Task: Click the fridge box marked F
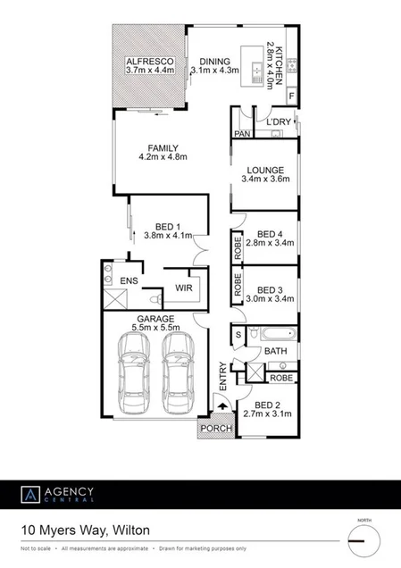pos(289,96)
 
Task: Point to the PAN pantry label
pos(240,134)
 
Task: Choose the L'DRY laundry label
pos(280,121)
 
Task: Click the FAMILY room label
pos(159,148)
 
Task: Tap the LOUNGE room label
pos(267,170)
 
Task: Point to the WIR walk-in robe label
pos(184,288)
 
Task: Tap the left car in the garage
pos(134,380)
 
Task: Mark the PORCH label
pos(215,430)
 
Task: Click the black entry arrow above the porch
pos(221,407)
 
